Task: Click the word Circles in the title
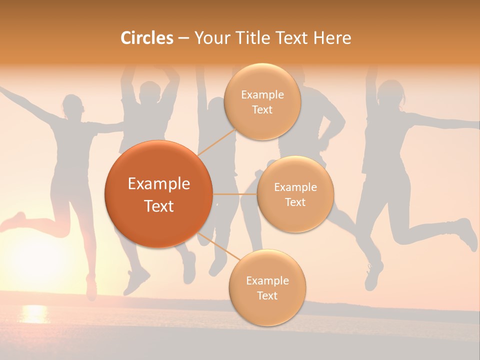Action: pyautogui.click(x=146, y=38)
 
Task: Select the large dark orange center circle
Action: pyautogui.click(x=158, y=194)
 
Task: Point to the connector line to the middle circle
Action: pyautogui.click(x=234, y=194)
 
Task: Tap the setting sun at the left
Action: pyautogui.click(x=35, y=255)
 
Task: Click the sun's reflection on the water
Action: pyautogui.click(x=34, y=314)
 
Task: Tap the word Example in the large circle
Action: pyautogui.click(x=158, y=184)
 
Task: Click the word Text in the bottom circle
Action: pyautogui.click(x=267, y=295)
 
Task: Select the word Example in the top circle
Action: pyautogui.click(x=262, y=94)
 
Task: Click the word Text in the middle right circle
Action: pyautogui.click(x=295, y=202)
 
